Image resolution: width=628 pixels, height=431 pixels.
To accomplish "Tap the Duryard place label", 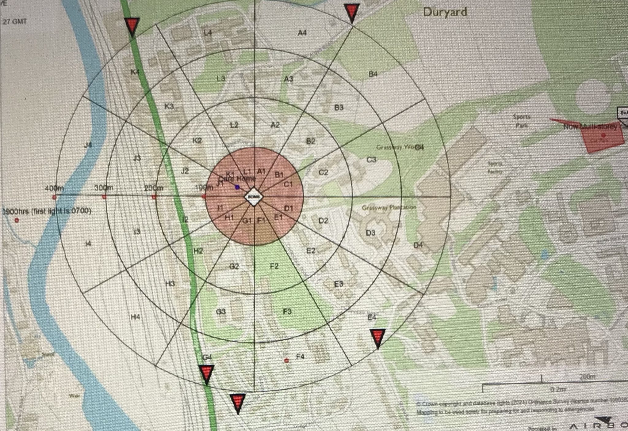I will [x=445, y=12].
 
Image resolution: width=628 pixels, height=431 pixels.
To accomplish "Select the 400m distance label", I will [x=54, y=188].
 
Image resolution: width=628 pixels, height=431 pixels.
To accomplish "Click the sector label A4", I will [x=302, y=32].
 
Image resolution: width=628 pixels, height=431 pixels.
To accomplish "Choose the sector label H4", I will [x=135, y=317].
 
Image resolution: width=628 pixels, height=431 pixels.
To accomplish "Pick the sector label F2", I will [x=274, y=266].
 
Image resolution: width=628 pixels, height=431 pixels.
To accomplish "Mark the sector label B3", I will [x=339, y=108].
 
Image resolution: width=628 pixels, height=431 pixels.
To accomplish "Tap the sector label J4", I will [x=88, y=145].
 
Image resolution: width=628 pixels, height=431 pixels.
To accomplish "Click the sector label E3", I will [x=338, y=284].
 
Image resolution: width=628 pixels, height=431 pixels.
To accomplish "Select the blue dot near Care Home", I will [x=237, y=187].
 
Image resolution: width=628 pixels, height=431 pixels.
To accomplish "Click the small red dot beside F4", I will [x=287, y=361].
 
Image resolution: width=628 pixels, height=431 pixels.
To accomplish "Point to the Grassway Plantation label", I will [x=389, y=208].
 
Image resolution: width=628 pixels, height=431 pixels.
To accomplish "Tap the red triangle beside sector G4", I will [x=206, y=374].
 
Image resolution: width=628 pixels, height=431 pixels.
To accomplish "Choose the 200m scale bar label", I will [x=587, y=377].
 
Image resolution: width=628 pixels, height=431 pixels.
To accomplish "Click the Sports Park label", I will [x=522, y=121].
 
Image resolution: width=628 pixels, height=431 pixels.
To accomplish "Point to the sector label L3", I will [x=221, y=78].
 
